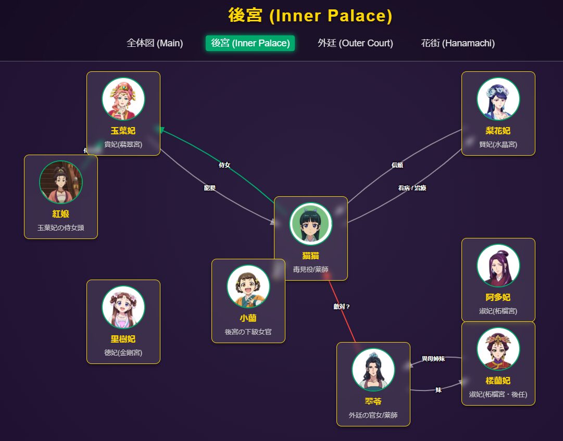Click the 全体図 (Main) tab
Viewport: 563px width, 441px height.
coord(155,43)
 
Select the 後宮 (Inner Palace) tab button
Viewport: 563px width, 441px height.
coord(250,43)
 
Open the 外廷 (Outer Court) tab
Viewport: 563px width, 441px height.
coord(355,43)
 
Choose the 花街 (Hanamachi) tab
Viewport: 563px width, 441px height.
coord(458,43)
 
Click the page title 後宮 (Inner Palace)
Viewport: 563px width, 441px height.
coord(310,16)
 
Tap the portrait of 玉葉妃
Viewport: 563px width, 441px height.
coord(123,99)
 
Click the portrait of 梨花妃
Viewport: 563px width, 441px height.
coord(498,99)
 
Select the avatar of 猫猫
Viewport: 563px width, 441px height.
coord(311,224)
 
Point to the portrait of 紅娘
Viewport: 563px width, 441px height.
coord(61,182)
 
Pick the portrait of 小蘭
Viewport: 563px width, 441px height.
coord(248,286)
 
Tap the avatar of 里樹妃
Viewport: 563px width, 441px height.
coord(123,307)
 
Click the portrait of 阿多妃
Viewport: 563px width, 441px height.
coord(498,266)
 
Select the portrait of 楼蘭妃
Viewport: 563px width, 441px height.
coord(498,349)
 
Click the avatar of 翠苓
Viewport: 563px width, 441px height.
coord(373,370)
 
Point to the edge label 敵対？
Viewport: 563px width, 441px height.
coord(342,307)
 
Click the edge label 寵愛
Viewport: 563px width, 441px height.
coord(210,188)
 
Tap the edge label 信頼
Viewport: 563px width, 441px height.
coord(397,165)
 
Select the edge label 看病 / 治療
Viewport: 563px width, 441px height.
coord(412,188)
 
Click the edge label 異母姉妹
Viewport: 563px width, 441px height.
coord(433,359)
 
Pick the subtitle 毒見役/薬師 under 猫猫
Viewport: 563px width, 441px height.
coord(311,270)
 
